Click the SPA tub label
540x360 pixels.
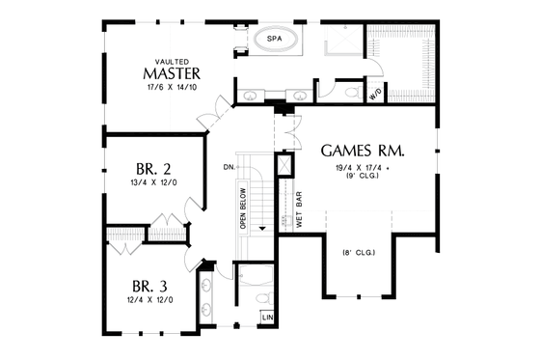tap(274, 40)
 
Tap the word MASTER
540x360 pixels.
tap(172, 73)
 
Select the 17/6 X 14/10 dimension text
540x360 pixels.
tap(171, 90)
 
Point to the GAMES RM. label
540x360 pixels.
tap(362, 152)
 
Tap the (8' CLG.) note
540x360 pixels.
tap(358, 253)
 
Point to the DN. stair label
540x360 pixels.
tap(229, 168)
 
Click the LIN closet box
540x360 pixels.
tap(265, 316)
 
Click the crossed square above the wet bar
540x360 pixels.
tap(285, 165)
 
